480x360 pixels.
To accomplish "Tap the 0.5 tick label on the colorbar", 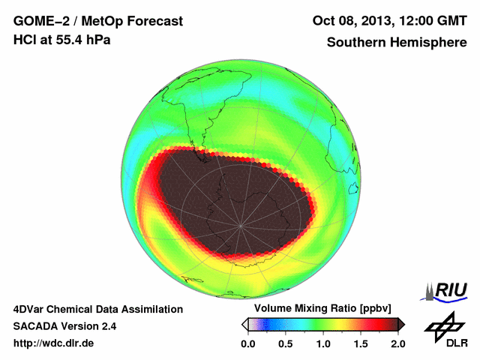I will pos(285,343).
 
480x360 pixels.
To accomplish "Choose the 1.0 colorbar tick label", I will pos(322,343).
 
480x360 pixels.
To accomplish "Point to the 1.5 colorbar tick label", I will pos(360,343).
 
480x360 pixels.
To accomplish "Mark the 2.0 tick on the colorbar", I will pos(397,343).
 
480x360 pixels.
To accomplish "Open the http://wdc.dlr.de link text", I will pos(54,343).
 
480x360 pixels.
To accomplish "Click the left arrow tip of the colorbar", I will pos(244,324).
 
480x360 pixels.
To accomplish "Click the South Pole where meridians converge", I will pos(240,225).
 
